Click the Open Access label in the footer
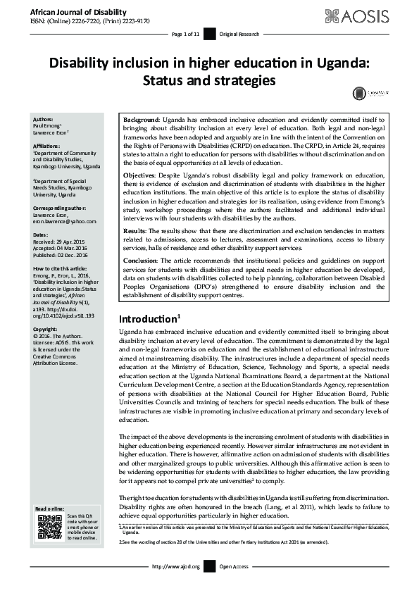pyautogui.click(x=234, y=566)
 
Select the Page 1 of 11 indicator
pyautogui.click(x=186, y=34)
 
